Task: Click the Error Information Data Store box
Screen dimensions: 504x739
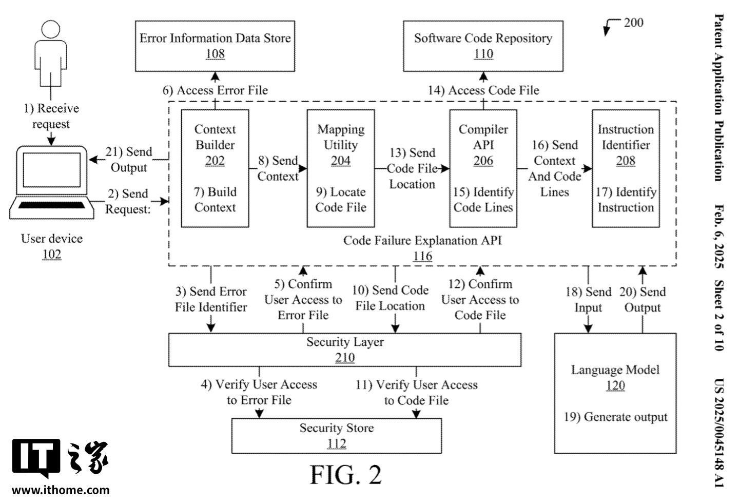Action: [215, 46]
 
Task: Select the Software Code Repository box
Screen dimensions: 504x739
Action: [483, 46]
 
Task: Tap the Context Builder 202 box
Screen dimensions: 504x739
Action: [215, 168]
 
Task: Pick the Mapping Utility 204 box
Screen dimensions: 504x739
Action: [341, 168]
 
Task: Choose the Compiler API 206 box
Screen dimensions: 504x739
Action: [483, 168]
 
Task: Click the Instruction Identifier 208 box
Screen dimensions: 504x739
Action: [626, 168]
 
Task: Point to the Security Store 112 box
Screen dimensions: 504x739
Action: [337, 436]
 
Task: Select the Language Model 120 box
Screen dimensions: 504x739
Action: [615, 393]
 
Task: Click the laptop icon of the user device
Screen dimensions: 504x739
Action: [52, 182]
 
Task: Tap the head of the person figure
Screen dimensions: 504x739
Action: [50, 29]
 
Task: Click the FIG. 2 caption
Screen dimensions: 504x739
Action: [346, 475]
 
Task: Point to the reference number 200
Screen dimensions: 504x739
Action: [633, 23]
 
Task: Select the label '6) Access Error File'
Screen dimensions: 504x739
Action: [215, 90]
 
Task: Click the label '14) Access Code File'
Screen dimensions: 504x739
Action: [483, 90]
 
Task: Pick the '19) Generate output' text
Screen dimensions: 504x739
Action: [615, 417]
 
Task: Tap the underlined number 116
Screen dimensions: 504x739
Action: [422, 256]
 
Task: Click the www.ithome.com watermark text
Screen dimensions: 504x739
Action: [61, 490]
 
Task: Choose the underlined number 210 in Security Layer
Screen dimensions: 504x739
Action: [345, 358]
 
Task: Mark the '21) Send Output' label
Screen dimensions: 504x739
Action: [129, 160]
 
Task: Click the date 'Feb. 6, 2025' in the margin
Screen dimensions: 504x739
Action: [719, 236]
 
